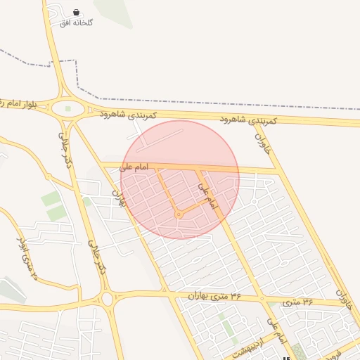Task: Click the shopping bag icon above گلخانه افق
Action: tap(76, 13)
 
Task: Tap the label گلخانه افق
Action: tap(77, 22)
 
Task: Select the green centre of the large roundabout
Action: tap(68, 109)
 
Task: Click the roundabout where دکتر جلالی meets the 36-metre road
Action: tap(107, 299)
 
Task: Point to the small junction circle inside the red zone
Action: tap(179, 214)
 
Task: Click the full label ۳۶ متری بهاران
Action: tap(214, 297)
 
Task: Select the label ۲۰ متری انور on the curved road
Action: tap(24, 256)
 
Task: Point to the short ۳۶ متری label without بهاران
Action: tap(298, 301)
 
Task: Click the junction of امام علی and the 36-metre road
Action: tap(262, 298)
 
